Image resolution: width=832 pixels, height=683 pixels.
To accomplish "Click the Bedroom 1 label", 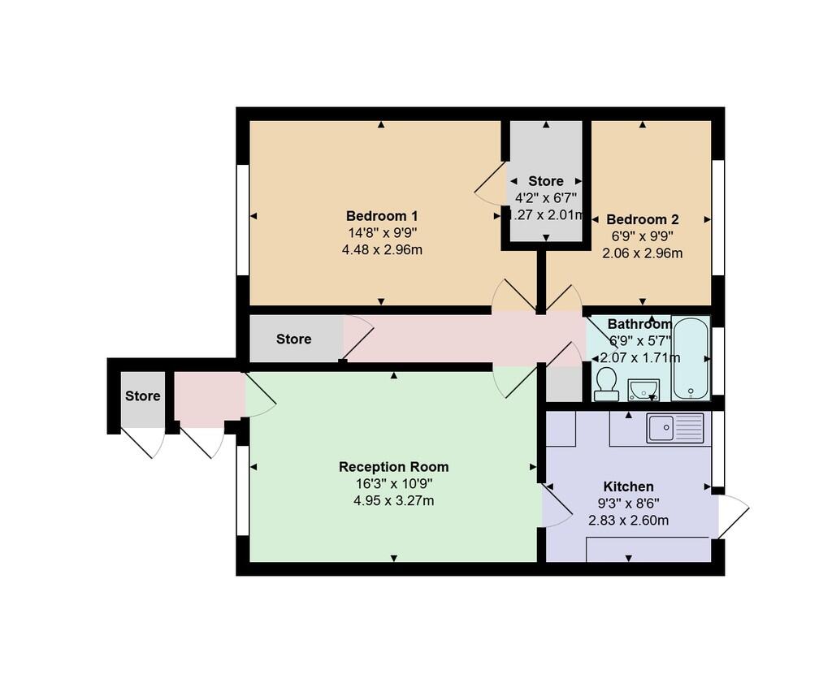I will coord(381,216).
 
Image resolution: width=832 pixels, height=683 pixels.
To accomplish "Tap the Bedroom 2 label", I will coord(642,219).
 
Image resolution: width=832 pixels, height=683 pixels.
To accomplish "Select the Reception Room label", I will coord(393,467).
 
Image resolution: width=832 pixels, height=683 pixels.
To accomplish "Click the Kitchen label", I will coord(628,486).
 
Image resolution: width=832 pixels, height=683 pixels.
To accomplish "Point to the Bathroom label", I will coord(639,324).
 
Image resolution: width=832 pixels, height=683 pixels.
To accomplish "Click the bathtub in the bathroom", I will coord(691,358).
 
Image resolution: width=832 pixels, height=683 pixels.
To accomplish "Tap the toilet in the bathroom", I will coord(605,385).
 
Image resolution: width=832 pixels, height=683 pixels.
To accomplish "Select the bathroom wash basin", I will coord(643,390).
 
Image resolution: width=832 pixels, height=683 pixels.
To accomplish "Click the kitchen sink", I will coord(674,427).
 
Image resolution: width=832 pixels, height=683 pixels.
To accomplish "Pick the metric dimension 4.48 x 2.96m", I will coord(381,249).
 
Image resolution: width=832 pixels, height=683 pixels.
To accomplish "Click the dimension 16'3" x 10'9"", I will coord(393,484).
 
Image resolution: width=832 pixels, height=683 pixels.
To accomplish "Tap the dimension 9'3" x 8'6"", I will coord(628,504).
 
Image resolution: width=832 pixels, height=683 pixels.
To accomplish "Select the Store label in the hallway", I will coord(293,339).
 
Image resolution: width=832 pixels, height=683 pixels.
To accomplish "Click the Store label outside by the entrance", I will coord(142,396).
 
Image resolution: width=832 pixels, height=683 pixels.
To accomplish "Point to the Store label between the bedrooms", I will coord(545,181).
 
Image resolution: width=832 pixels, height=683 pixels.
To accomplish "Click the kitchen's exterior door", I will coord(733,516).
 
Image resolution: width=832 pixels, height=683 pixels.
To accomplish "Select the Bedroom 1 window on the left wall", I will coord(242,219).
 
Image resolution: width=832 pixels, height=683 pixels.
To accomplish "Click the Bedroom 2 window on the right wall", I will coord(717,218).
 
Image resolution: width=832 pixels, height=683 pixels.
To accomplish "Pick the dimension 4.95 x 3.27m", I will coord(393,501).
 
